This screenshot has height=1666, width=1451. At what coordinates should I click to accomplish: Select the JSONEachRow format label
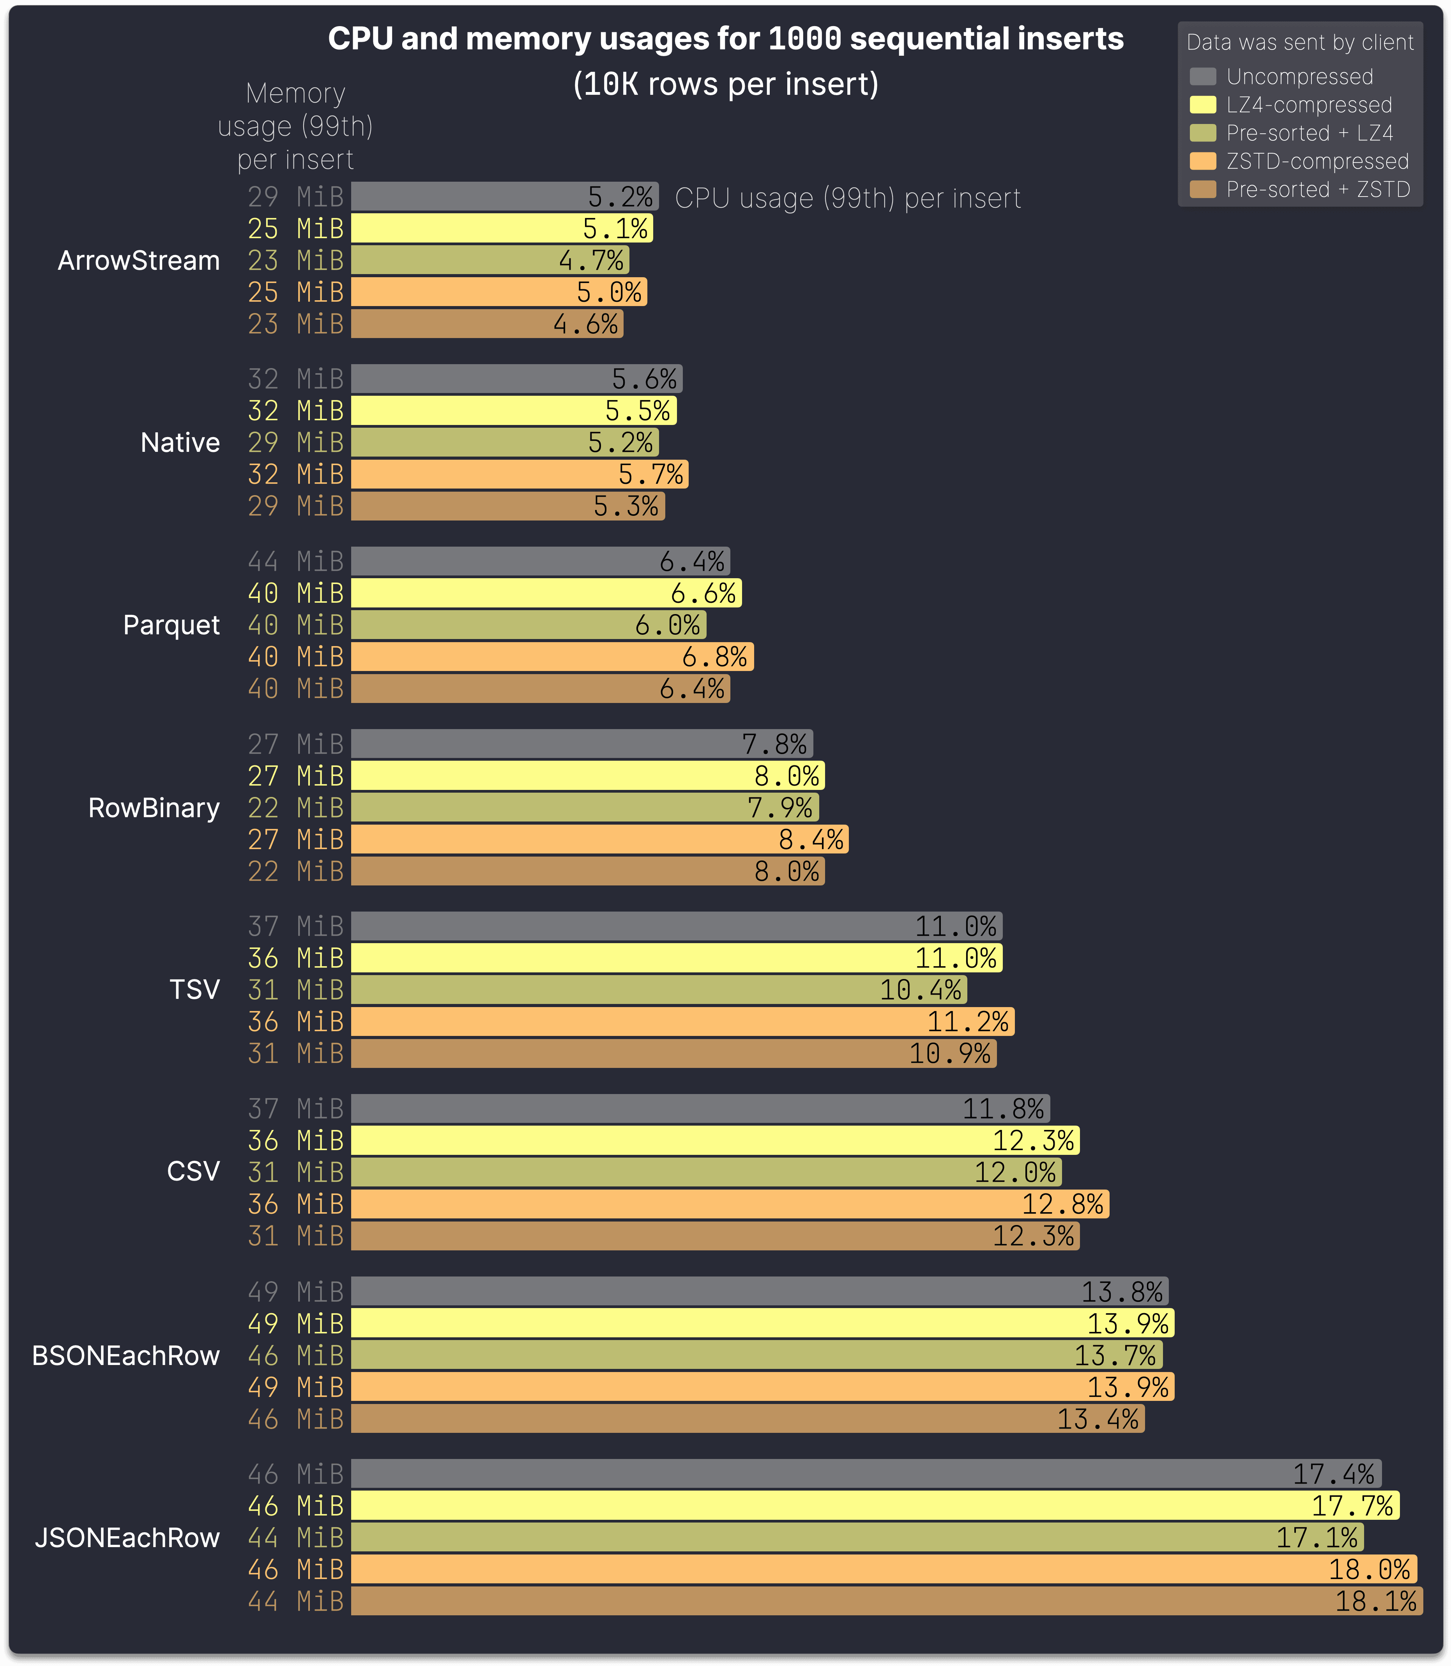click(127, 1537)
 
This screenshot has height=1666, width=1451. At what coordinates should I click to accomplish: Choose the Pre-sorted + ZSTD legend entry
click(1317, 189)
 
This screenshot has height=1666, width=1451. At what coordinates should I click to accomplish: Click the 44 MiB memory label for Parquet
click(295, 561)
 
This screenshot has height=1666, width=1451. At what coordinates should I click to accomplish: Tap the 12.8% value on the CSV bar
click(1062, 1204)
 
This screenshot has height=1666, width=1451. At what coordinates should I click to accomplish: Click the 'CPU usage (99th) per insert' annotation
click(848, 198)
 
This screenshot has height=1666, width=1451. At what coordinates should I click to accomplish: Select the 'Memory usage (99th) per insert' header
click(295, 126)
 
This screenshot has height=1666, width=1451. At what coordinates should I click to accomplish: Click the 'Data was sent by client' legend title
click(1299, 42)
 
